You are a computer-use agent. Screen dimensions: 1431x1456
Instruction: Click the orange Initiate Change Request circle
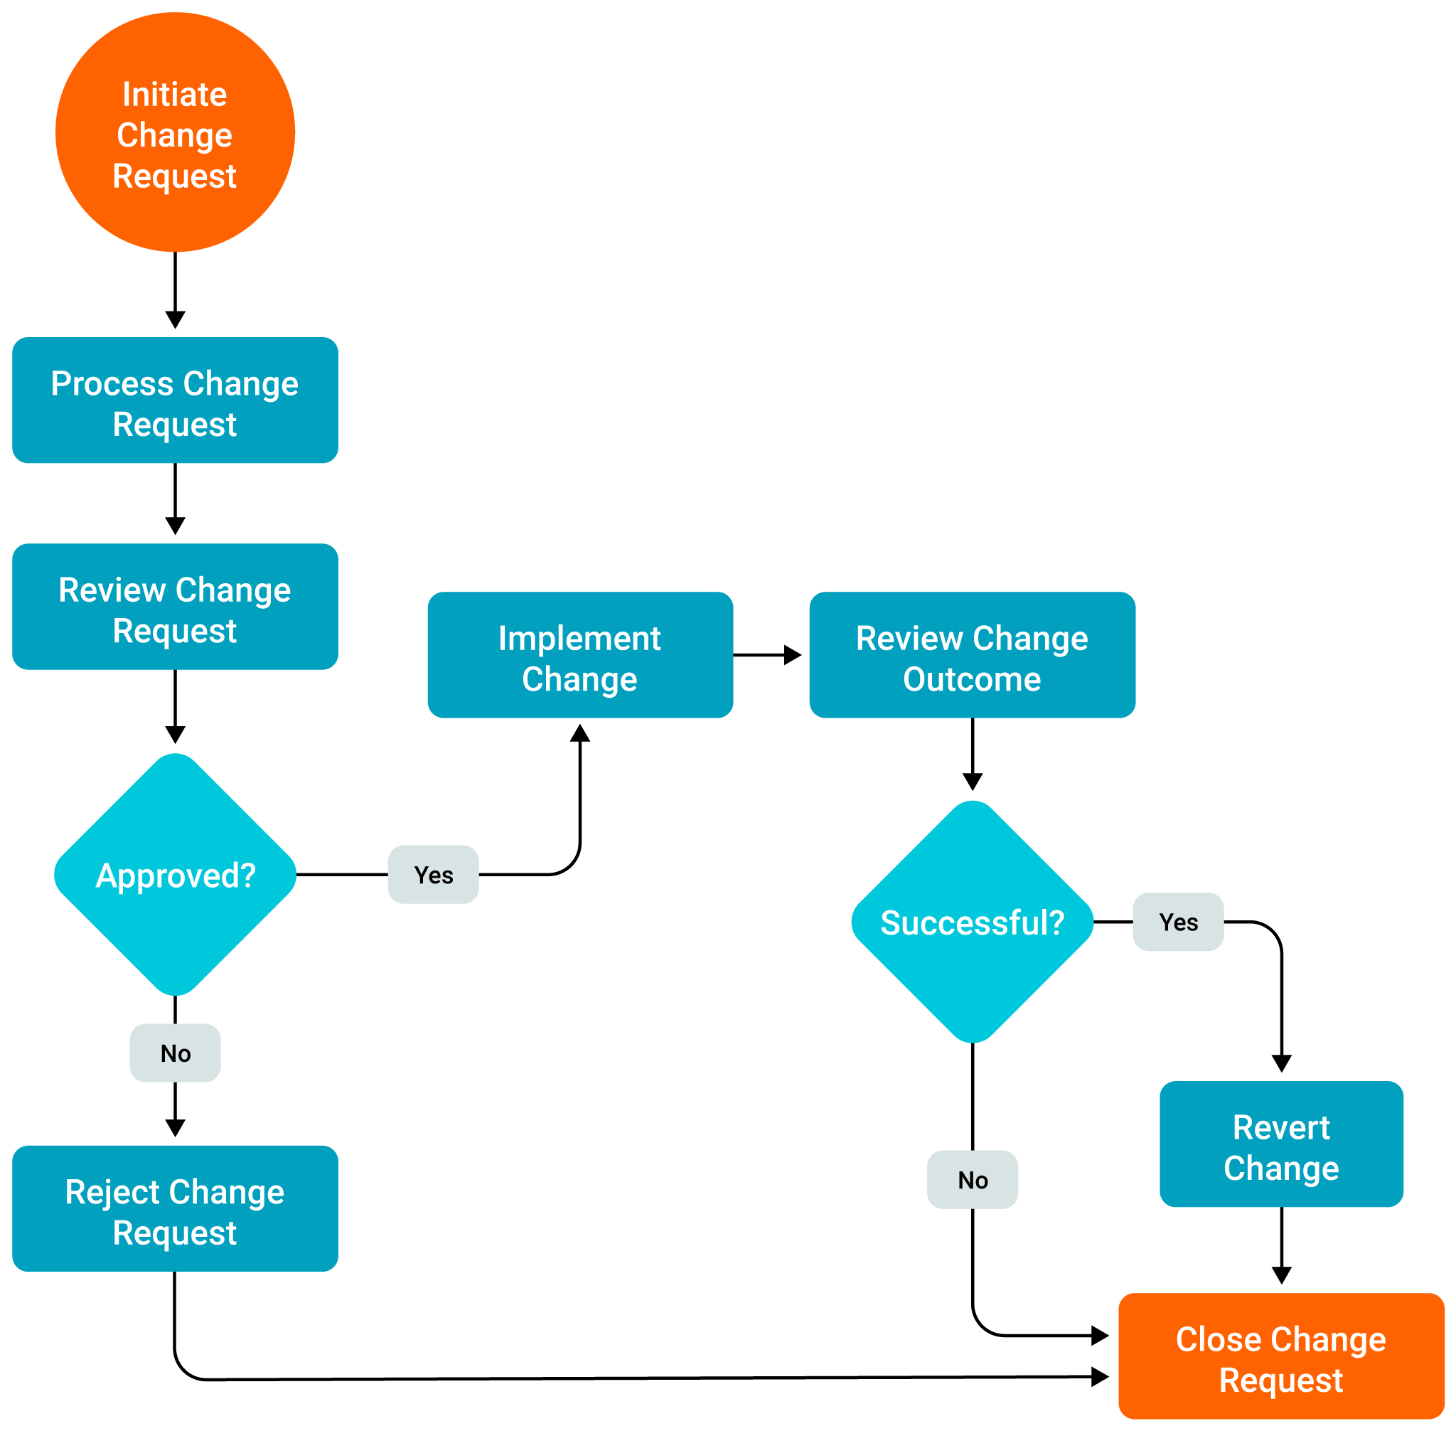coord(175,132)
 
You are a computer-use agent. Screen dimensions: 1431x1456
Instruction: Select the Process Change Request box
coord(175,400)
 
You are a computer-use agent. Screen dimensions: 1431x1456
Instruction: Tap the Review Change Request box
coord(175,607)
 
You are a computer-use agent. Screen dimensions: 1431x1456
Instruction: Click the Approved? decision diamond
coord(175,874)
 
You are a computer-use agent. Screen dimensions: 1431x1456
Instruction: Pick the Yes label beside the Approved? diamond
coord(434,874)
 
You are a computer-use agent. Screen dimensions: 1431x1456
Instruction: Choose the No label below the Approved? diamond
coord(175,1053)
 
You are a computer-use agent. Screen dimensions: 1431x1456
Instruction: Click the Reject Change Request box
coord(175,1208)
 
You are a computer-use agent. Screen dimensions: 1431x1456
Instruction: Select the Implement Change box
coord(580,654)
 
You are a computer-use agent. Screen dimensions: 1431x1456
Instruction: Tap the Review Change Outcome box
coord(972,654)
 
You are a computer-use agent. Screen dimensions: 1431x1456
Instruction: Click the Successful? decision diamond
coord(972,922)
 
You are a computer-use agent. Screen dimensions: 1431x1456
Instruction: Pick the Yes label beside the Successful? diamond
coord(1178,922)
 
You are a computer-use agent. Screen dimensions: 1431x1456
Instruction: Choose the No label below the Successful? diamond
coord(972,1179)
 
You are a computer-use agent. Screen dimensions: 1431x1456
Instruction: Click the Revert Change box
coord(1281,1144)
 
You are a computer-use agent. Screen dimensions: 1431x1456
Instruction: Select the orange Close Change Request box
coord(1281,1356)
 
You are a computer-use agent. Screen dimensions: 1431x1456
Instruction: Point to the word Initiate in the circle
coord(175,95)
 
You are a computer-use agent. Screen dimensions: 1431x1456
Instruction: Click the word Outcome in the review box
coord(972,679)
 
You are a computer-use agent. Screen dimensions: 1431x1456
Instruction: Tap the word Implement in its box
coord(580,638)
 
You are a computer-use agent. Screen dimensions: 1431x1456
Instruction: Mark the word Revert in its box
coord(1281,1127)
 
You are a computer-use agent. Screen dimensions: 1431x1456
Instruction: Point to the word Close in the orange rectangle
coord(1218,1339)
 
